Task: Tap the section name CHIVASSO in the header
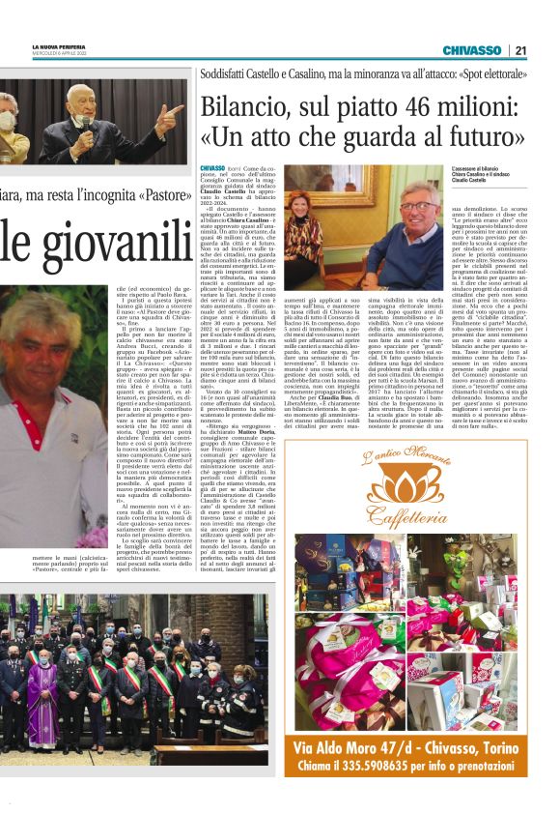[x=472, y=50]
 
